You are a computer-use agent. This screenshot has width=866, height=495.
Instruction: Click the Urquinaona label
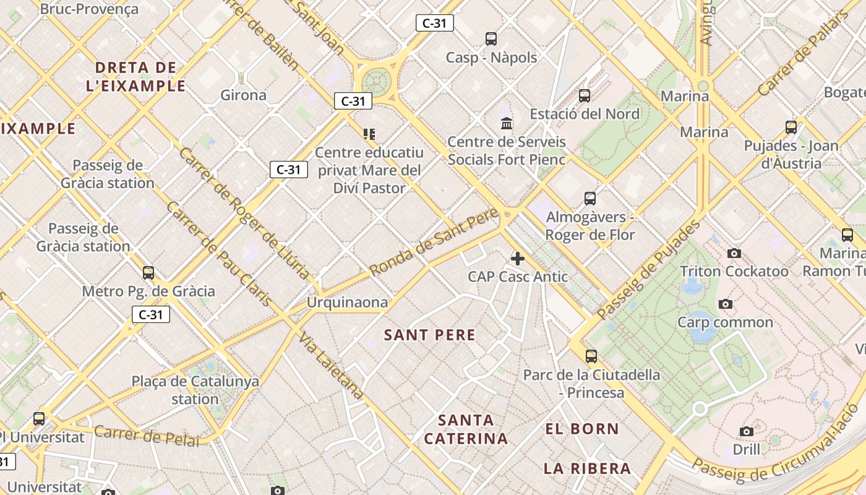(x=348, y=303)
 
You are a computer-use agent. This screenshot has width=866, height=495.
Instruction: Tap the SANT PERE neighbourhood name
(x=430, y=335)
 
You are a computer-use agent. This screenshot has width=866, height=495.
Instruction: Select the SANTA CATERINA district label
(x=466, y=429)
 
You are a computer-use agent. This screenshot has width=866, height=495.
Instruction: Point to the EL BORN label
(x=581, y=429)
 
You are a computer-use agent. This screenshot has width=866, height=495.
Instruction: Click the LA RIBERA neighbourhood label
(x=587, y=468)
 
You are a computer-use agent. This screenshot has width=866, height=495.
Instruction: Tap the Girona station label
(x=244, y=95)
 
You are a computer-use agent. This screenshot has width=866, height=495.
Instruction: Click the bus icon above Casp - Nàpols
(x=491, y=39)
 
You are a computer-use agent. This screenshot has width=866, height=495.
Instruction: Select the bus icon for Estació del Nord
(x=585, y=96)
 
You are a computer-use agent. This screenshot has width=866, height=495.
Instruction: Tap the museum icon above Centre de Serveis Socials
(x=507, y=123)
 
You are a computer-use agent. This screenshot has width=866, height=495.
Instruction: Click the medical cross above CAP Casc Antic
(x=518, y=259)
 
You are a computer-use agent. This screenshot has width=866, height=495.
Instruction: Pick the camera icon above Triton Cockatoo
(x=734, y=253)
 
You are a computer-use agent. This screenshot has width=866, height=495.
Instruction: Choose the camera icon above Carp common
(x=726, y=304)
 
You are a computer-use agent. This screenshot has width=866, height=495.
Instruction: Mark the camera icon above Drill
(x=747, y=431)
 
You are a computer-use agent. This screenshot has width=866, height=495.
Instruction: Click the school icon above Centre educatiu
(x=369, y=134)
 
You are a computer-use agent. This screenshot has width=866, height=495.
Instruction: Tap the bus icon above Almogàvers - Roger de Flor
(x=590, y=199)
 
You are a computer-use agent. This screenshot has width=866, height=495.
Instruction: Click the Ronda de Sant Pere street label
(x=434, y=243)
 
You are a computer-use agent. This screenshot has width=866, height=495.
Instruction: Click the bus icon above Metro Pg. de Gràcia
(x=148, y=273)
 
